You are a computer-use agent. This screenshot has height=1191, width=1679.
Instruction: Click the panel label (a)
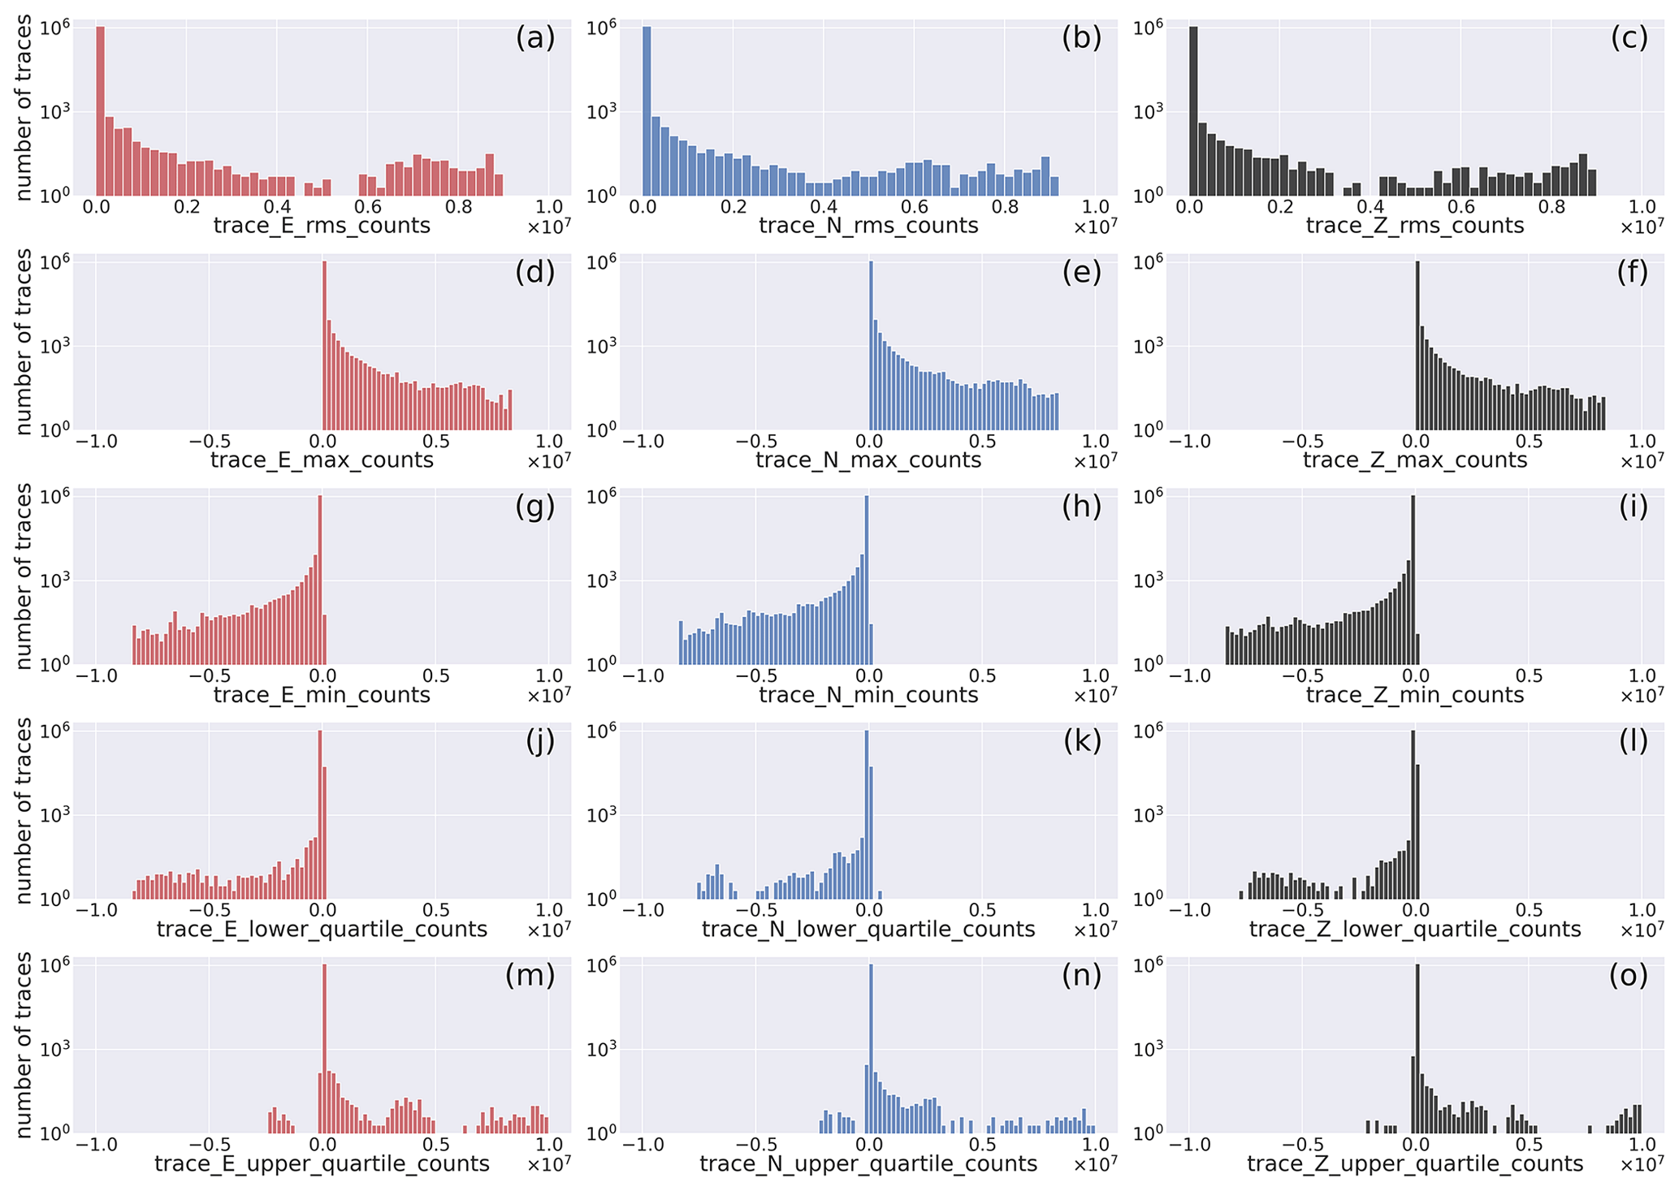click(534, 38)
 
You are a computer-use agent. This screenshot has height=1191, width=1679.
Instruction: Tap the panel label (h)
click(1081, 507)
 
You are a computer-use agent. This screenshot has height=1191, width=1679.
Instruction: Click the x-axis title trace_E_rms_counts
click(322, 225)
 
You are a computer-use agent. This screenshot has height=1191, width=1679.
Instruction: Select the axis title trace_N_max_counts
click(868, 460)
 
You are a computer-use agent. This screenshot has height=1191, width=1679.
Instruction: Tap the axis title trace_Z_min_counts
click(1414, 695)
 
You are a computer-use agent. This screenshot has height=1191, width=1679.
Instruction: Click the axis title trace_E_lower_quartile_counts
click(322, 929)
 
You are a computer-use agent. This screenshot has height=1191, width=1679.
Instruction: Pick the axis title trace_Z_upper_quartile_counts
click(1414, 1163)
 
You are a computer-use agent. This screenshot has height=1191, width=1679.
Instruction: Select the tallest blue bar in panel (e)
click(871, 345)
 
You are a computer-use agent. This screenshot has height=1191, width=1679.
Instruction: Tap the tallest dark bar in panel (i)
click(1414, 580)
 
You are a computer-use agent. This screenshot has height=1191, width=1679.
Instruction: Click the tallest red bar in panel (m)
click(324, 1048)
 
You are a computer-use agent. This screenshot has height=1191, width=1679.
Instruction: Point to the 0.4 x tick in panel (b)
click(824, 207)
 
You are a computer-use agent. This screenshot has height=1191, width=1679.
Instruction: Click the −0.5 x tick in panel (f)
click(1304, 442)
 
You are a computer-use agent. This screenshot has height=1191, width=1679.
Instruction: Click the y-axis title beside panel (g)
click(24, 576)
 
